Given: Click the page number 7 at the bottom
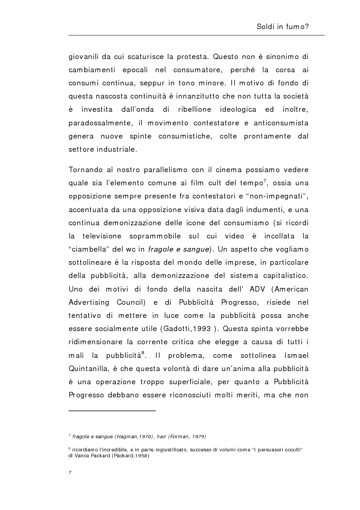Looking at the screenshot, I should pyautogui.click(x=69, y=473).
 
